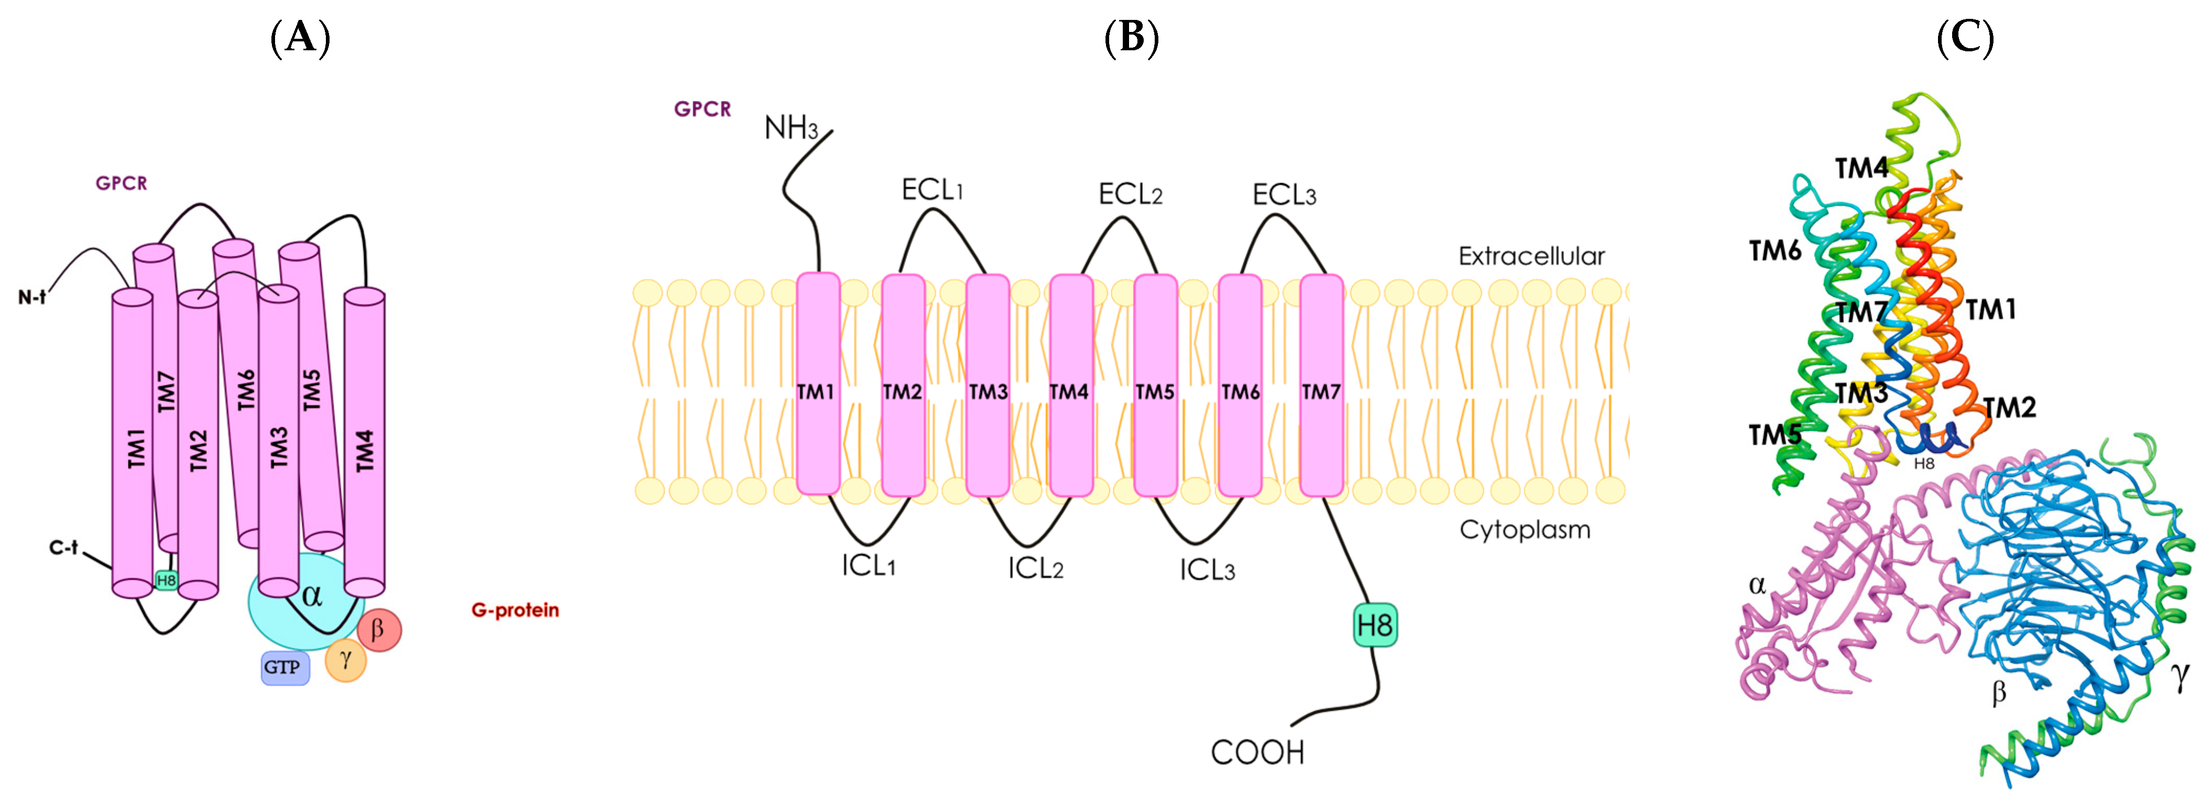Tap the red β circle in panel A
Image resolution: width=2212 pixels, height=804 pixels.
379,630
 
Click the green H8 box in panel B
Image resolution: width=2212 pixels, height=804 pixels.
1374,625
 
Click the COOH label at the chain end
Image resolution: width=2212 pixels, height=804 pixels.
1257,753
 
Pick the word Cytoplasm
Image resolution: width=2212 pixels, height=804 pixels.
1524,530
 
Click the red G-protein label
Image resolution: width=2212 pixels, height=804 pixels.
515,610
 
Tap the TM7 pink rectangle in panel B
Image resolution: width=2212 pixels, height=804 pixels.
1321,386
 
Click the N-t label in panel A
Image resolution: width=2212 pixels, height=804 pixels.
32,298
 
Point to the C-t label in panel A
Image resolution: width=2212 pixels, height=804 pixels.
63,547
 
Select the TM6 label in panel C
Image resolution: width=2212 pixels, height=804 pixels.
1775,250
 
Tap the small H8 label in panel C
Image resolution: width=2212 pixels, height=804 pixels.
1924,464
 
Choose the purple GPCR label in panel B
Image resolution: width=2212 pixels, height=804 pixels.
703,109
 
